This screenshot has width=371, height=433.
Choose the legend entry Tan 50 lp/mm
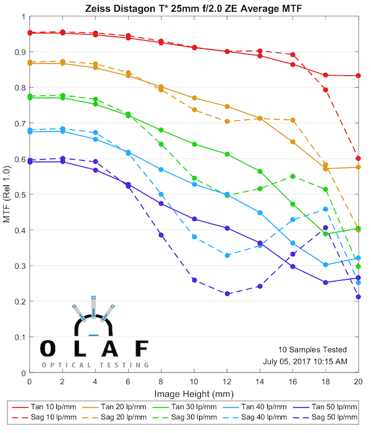(330, 407)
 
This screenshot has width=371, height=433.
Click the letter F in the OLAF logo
(142, 349)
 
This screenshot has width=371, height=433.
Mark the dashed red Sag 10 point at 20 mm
(358, 158)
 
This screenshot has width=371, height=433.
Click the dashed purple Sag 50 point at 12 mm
(227, 294)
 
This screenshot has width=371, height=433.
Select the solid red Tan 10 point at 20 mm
(358, 76)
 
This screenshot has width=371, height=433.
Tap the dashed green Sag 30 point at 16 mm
(292, 176)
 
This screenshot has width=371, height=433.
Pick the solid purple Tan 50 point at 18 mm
(325, 283)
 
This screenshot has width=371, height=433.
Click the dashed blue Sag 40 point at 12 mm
(227, 255)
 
